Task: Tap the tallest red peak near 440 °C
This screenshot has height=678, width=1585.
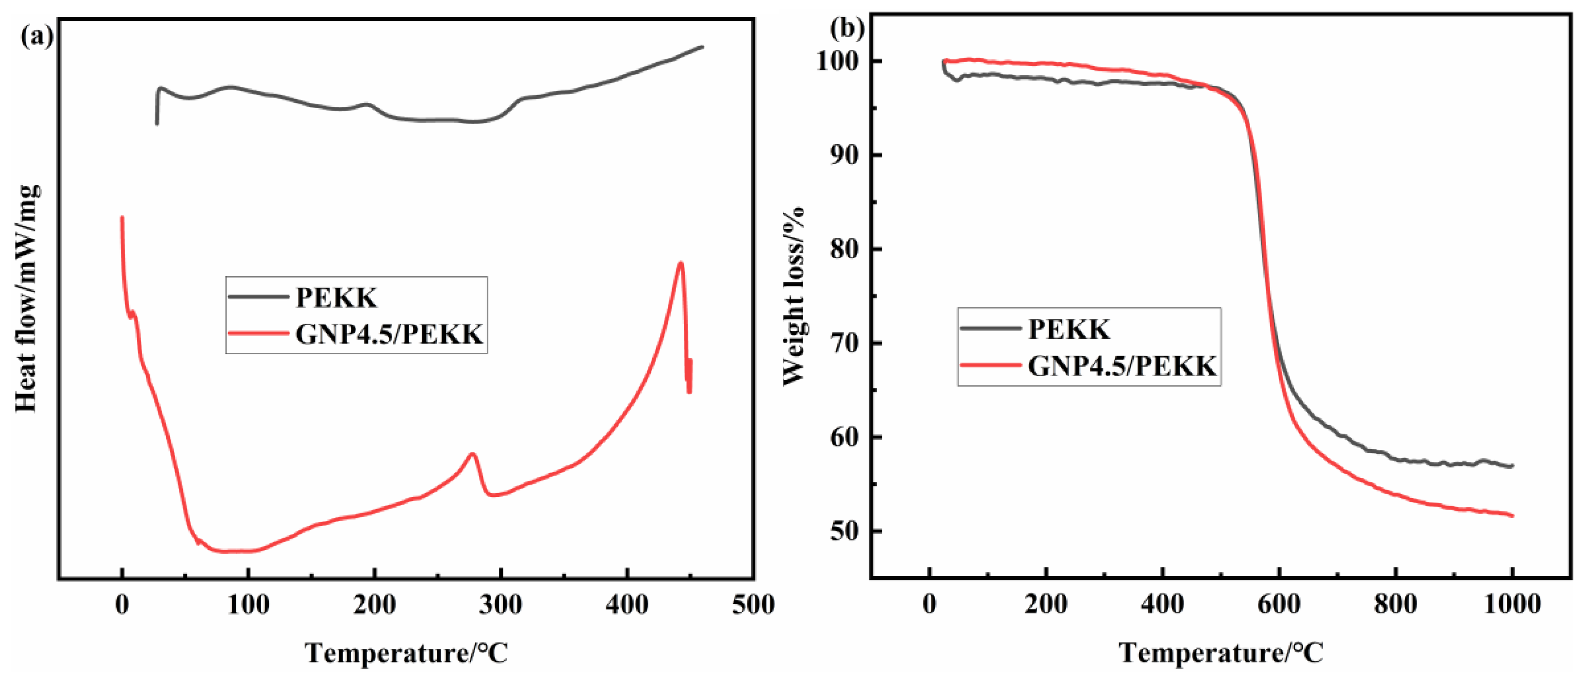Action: [x=680, y=264]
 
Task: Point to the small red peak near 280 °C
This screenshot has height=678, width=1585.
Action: [x=473, y=454]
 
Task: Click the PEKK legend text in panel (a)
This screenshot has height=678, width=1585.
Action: [x=336, y=298]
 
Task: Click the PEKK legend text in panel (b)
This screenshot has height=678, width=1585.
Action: [x=1069, y=329]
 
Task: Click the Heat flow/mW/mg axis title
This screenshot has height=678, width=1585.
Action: [x=28, y=298]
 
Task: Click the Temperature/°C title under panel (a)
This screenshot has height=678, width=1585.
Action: [x=407, y=653]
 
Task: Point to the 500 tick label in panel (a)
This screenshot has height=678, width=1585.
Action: [x=753, y=605]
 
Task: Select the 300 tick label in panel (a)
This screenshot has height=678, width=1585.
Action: [x=501, y=605]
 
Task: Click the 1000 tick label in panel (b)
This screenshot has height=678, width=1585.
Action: [x=1511, y=604]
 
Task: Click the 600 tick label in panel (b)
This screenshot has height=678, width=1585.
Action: [x=1279, y=604]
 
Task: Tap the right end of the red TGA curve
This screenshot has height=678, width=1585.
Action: [x=1512, y=515]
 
